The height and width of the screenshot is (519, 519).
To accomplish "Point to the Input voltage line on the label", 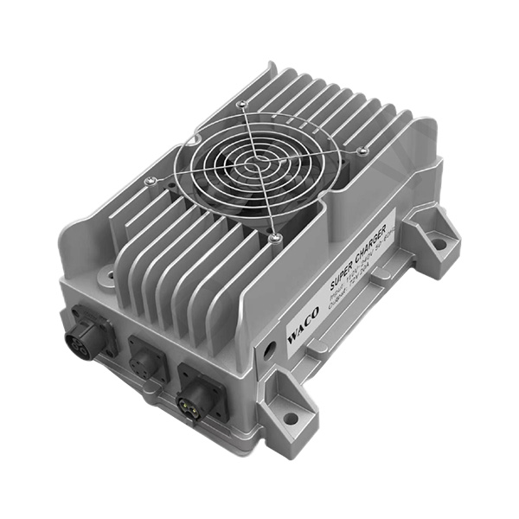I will click(355, 279).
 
